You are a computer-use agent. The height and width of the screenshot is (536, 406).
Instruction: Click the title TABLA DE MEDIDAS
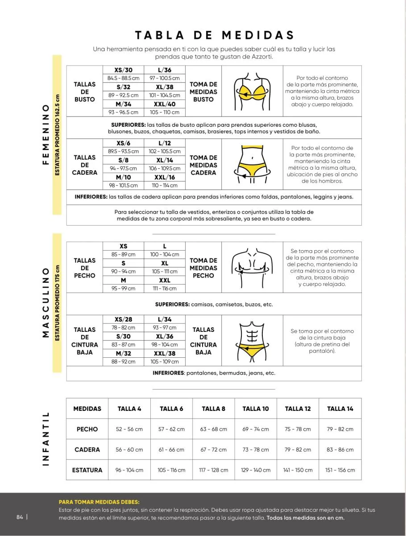215,35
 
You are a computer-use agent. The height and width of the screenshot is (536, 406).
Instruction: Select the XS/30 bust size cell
123,70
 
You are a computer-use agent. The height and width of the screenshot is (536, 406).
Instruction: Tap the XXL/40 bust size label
164,104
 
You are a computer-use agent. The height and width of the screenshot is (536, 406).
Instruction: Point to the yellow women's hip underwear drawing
252,165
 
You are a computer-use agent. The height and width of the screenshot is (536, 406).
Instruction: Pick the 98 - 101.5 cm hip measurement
123,185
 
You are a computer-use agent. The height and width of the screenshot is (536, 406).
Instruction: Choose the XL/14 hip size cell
164,160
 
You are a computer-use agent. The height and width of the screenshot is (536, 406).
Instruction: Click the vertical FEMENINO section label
45,134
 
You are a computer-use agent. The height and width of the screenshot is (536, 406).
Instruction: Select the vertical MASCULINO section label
45,302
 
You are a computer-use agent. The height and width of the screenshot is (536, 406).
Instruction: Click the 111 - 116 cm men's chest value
164,289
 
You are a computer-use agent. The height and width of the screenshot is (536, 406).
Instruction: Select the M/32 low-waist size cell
123,353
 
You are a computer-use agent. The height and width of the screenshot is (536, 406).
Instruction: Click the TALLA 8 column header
213,409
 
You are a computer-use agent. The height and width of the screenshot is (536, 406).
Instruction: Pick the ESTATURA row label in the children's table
87,470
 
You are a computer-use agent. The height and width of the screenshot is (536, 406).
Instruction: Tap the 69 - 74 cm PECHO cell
256,429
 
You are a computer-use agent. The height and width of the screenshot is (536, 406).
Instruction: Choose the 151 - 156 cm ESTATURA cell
340,470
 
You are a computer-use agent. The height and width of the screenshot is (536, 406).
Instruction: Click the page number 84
20,517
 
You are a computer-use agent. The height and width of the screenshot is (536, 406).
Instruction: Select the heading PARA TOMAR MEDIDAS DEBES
99,502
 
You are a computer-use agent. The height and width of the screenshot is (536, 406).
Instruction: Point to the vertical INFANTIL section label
45,439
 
